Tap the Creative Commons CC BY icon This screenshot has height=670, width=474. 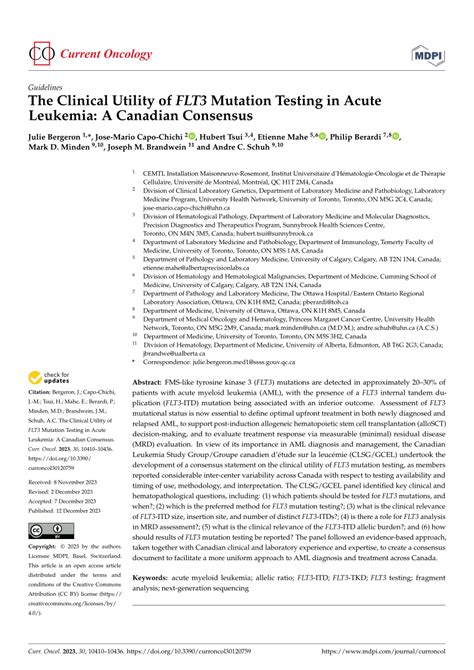pyautogui.click(x=49, y=530)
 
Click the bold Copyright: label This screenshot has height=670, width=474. pyautogui.click(x=46, y=549)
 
